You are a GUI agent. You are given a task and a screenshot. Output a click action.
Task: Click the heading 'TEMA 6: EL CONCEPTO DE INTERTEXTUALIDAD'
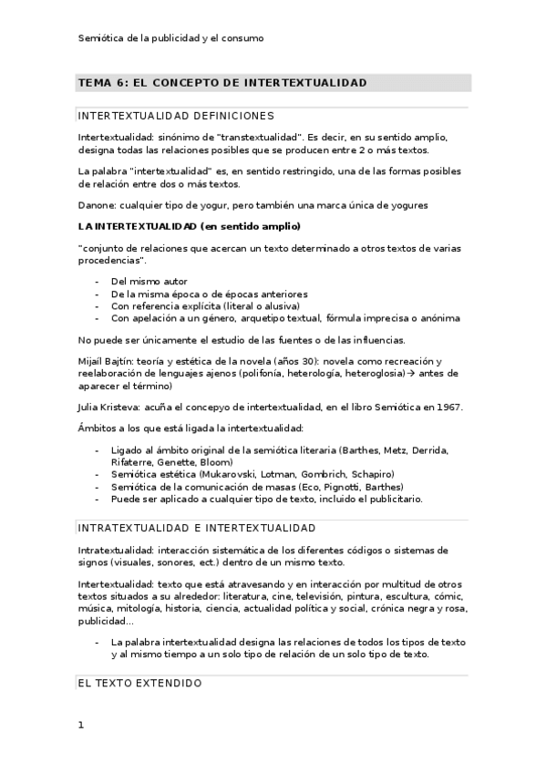pos(222,83)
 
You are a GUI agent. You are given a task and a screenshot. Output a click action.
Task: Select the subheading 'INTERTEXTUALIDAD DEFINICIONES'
pos(176,117)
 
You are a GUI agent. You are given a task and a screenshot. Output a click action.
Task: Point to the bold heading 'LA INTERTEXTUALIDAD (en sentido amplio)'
pos(190,225)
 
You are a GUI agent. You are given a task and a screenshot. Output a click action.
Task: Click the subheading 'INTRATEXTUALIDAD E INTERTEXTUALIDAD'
pos(197,528)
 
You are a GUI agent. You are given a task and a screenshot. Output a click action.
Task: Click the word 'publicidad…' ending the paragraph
pos(106,621)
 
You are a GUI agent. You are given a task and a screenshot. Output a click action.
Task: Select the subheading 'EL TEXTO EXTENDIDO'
pos(139,682)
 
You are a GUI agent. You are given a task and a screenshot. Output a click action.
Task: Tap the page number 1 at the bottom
pos(81,726)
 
